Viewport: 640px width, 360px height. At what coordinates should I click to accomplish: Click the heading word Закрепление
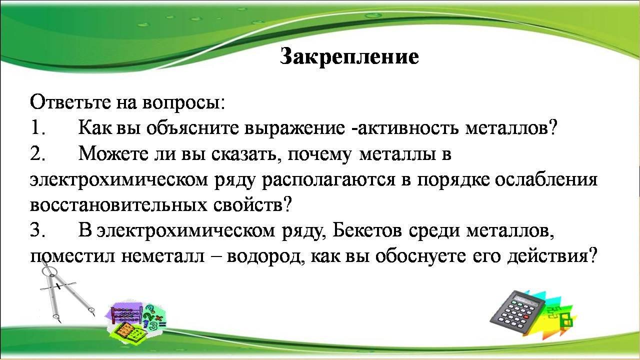349,56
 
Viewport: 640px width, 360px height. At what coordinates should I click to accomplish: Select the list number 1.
37,128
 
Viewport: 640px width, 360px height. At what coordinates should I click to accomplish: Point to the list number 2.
37,153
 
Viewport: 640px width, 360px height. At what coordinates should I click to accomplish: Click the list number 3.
37,230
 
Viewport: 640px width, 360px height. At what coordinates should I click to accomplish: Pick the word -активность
404,128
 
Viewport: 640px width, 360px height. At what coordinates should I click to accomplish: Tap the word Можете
113,153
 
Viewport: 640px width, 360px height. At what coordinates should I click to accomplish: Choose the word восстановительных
118,205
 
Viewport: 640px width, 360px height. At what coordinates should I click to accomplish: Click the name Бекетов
367,230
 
